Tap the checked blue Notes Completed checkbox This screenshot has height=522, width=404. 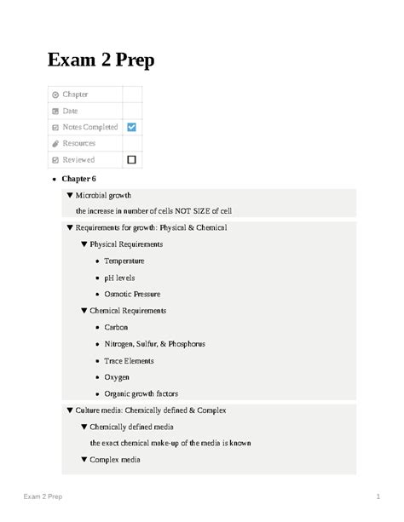point(131,127)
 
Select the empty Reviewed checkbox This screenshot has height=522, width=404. point(131,159)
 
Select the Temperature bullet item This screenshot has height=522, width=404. point(124,261)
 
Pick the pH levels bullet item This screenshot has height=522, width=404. point(119,277)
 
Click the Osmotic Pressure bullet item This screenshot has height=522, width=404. point(131,294)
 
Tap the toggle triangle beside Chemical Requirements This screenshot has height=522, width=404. point(84,311)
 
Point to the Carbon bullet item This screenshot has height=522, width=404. point(117,327)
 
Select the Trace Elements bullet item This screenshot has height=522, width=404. point(130,360)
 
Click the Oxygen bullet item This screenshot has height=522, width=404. point(118,376)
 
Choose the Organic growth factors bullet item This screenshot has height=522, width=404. point(142,393)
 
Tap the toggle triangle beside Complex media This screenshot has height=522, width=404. point(84,460)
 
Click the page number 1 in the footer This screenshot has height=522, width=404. point(376,496)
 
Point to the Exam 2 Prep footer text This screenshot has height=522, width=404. point(42,496)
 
